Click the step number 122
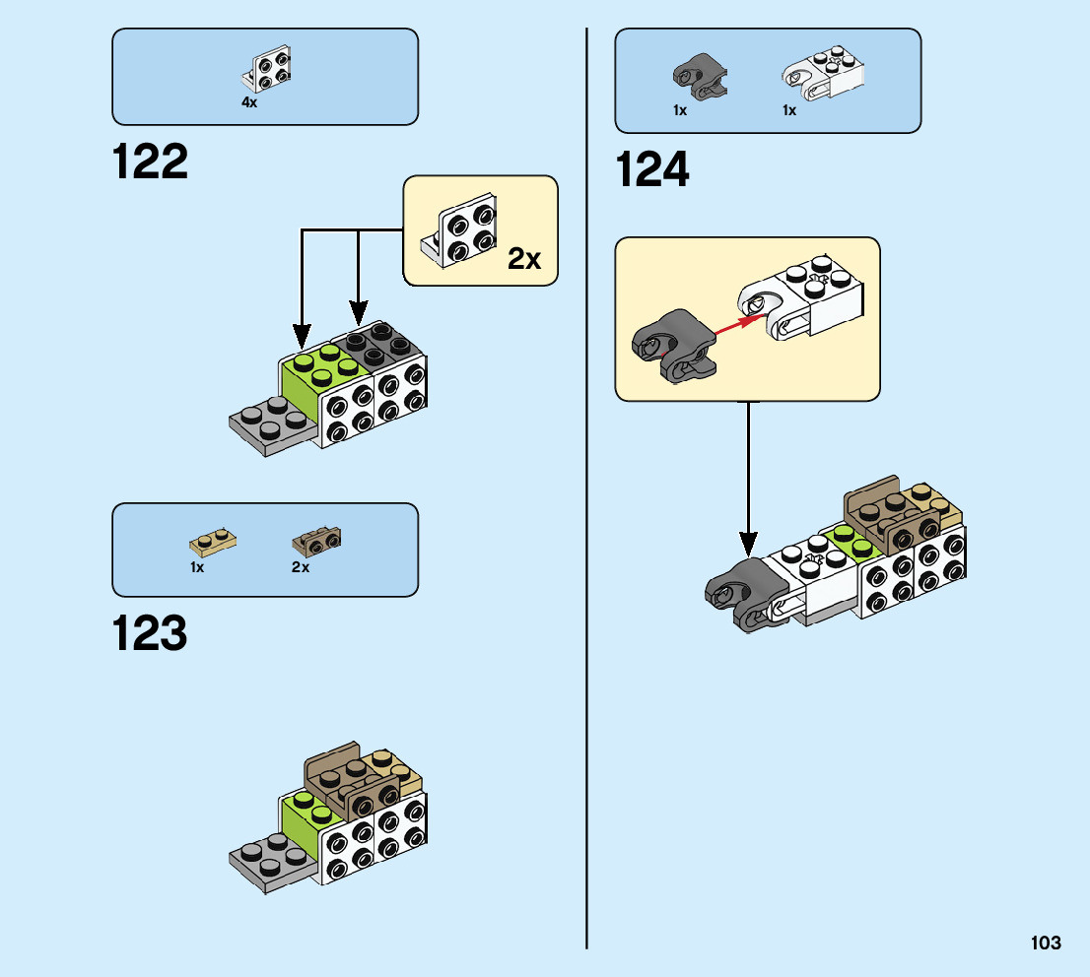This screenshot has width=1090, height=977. click(150, 162)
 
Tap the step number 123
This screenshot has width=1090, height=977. click(150, 634)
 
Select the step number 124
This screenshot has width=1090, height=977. click(652, 170)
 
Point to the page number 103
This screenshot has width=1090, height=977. click(1046, 944)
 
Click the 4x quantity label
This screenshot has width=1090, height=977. click(249, 102)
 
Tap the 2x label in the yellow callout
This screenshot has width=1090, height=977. click(524, 259)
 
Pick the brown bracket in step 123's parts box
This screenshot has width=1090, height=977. click(315, 541)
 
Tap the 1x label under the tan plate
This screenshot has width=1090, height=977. click(197, 568)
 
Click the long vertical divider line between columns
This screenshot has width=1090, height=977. click(587, 492)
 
